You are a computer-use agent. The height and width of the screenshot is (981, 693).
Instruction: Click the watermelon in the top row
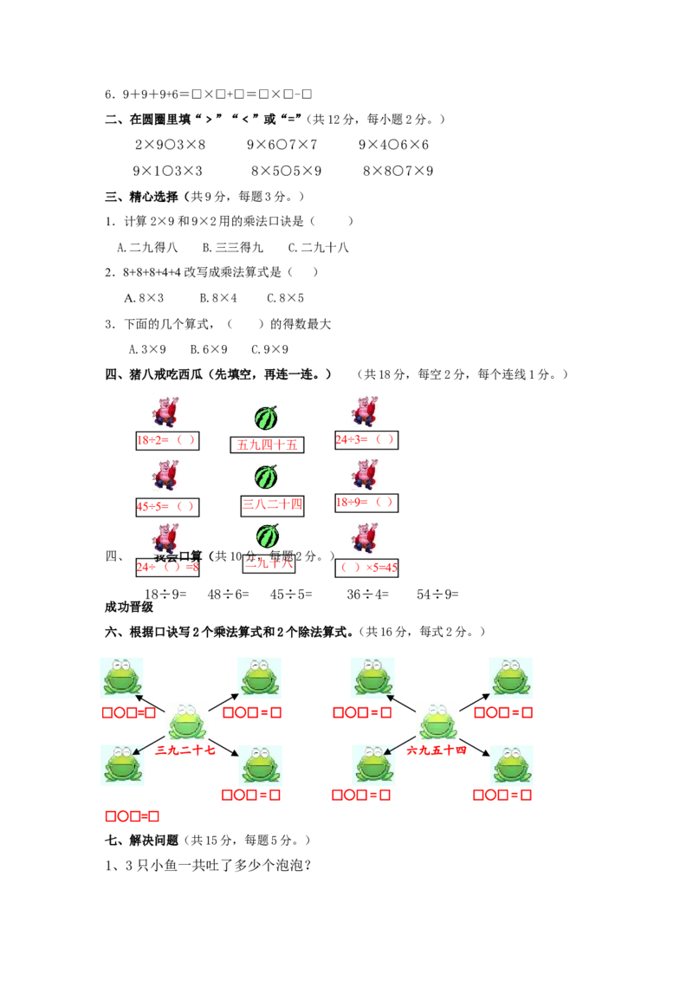tap(267, 418)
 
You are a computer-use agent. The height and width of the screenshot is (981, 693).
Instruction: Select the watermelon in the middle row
tap(267, 477)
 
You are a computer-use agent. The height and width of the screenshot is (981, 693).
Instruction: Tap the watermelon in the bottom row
tap(267, 536)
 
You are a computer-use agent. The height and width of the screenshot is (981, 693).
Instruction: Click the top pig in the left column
tap(163, 413)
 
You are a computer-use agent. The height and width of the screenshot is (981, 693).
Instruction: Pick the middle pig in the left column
tap(163, 475)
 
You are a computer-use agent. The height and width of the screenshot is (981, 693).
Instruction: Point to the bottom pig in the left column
tap(163, 537)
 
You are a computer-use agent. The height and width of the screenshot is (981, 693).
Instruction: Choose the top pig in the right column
tap(364, 413)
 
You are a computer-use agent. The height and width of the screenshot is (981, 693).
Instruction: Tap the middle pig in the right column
tap(364, 475)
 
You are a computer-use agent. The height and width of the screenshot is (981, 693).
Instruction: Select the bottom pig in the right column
tap(364, 537)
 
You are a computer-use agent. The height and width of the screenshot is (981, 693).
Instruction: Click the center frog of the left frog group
tap(187, 721)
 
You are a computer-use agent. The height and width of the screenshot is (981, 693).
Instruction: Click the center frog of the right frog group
tap(437, 721)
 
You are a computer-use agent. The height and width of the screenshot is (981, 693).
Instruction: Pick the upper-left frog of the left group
tap(121, 676)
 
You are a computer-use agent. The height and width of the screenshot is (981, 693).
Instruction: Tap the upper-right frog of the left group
tap(260, 676)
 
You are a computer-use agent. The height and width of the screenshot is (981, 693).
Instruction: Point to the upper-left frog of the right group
tap(371, 676)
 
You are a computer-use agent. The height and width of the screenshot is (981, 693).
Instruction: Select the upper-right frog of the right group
tap(509, 676)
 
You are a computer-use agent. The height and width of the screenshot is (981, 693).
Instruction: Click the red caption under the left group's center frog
tap(185, 750)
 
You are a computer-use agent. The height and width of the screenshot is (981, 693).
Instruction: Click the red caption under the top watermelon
tap(267, 445)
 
